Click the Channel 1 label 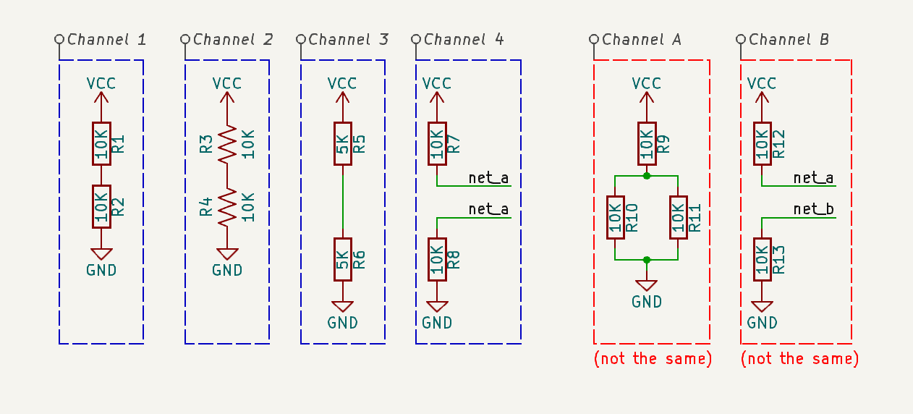[x=106, y=39]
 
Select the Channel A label [x=641, y=39]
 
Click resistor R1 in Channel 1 [x=101, y=143]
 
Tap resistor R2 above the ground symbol [x=101, y=206]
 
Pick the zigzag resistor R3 [x=227, y=144]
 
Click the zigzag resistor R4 [x=227, y=206]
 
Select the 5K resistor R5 [x=343, y=143]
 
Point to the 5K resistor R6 [x=343, y=259]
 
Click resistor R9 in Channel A [x=647, y=143]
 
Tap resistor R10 [x=615, y=217]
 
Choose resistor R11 [x=678, y=217]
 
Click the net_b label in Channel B [x=813, y=210]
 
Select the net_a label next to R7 [x=488, y=177]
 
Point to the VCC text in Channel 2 [x=227, y=83]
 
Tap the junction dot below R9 [x=647, y=176]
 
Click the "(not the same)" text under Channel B [x=800, y=359]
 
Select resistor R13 [x=761, y=259]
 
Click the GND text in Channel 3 [x=343, y=323]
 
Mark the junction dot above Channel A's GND [x=647, y=259]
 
